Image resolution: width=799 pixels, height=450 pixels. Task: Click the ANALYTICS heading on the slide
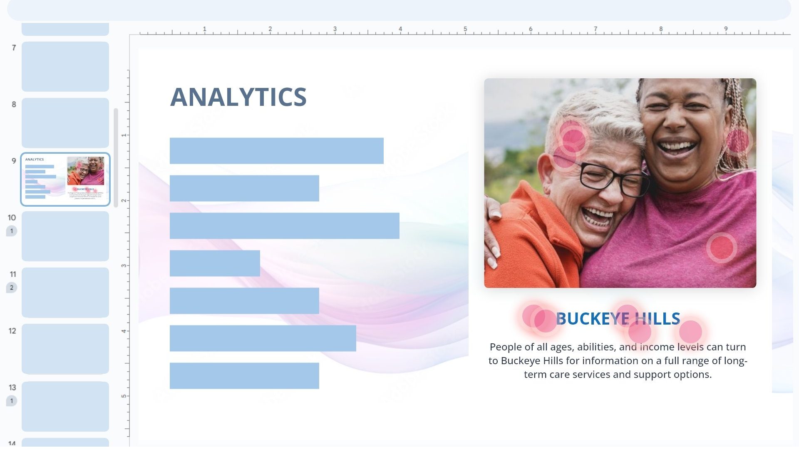pos(238,97)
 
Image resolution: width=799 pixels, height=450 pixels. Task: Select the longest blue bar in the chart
pos(284,226)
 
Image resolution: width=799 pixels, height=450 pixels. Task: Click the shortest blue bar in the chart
pos(215,263)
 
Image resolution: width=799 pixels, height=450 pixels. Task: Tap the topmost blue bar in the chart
pos(276,150)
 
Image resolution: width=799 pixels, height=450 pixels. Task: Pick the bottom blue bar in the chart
pos(244,376)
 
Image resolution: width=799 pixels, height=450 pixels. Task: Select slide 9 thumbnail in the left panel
pos(65,179)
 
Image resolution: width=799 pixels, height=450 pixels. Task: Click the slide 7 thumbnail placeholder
pos(65,67)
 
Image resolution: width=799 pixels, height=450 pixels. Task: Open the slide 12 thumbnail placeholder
pos(65,349)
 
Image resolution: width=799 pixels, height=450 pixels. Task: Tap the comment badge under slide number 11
pos(12,287)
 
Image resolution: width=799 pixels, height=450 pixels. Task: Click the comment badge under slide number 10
pos(12,231)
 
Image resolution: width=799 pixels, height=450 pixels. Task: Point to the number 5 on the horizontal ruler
pos(465,29)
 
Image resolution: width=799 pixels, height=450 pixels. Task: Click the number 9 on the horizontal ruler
pos(726,29)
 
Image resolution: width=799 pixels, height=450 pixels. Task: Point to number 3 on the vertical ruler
pos(124,265)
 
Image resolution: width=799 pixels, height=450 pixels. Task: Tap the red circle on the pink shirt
pos(722,247)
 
